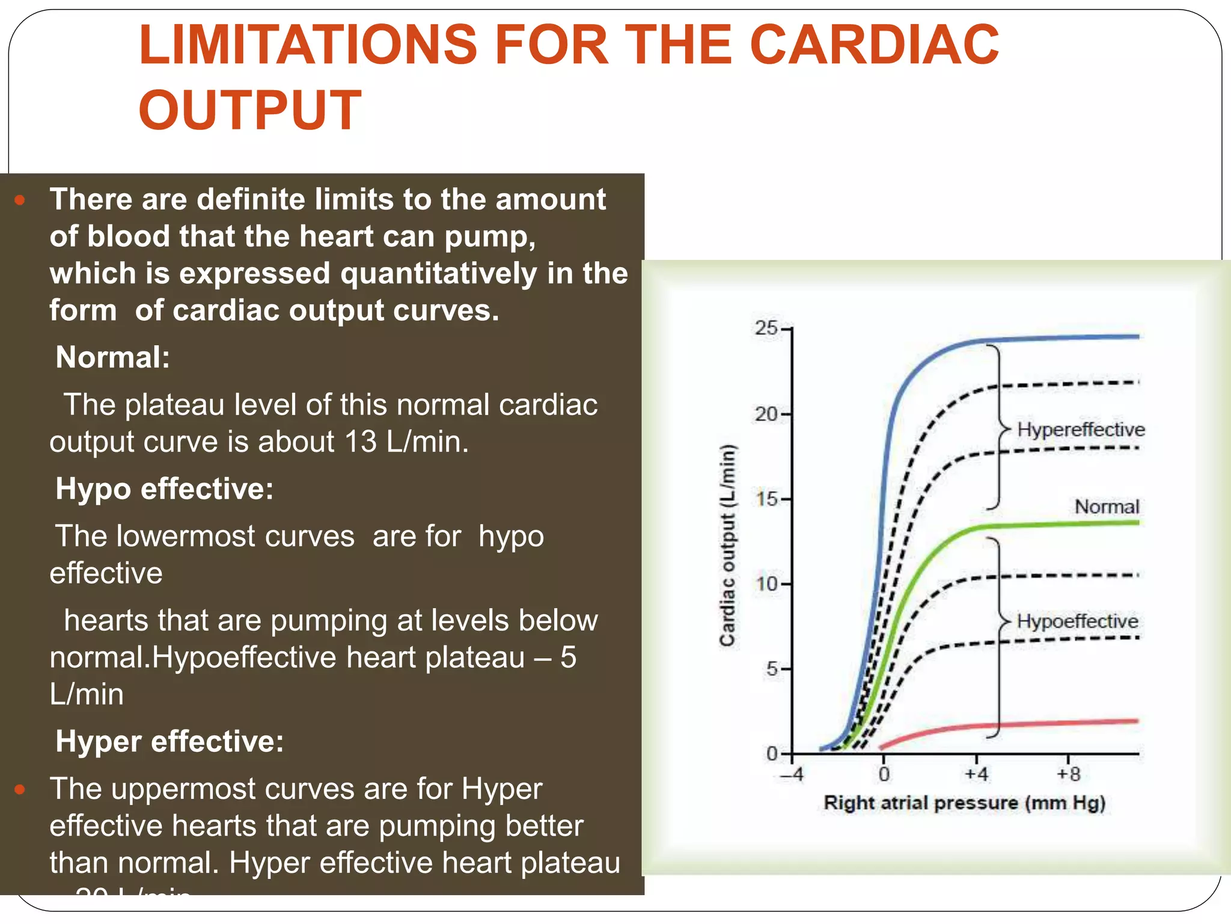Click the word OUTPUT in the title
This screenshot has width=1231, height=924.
pos(250,110)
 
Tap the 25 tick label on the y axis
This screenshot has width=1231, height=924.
pos(766,328)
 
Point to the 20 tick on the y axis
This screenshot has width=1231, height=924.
pos(766,414)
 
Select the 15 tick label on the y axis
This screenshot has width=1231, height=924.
pos(766,499)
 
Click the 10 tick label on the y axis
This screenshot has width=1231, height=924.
pos(766,584)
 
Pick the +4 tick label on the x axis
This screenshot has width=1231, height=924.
pos(976,774)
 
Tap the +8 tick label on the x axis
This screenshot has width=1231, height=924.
pos(1069,774)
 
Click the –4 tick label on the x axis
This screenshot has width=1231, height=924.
pos(792,774)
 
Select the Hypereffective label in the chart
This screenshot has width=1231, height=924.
pos(1081,430)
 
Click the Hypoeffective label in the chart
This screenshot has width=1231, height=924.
pos(1077,621)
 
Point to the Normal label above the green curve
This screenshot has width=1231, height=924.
pos(1107,507)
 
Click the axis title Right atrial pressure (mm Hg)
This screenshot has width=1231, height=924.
pos(964,803)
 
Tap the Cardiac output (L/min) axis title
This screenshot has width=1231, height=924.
pos(727,545)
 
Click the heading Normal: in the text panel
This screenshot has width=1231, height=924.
pos(112,357)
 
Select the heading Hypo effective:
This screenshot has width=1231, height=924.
pos(164,488)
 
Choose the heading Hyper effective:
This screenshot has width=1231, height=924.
pos(170,741)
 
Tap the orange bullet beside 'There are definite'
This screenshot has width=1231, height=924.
pos(20,200)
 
